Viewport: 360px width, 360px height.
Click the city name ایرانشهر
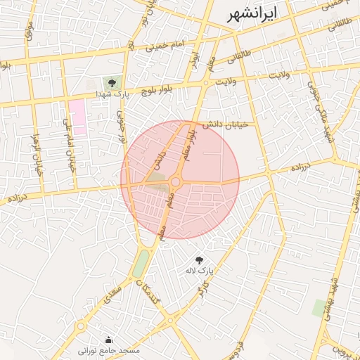254,15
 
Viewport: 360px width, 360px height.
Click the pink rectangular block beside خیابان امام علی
77,117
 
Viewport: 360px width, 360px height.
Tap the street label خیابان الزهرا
38,154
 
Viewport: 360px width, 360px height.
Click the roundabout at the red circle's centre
175,183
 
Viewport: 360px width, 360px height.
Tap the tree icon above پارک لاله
198,259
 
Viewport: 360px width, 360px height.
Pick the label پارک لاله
198,270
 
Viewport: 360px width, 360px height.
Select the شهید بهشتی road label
331,295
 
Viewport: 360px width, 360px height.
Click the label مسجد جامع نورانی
108,349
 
